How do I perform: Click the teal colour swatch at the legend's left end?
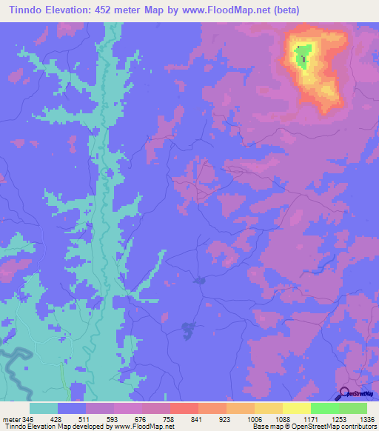[x=44, y=408]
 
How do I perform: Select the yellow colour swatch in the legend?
[x=297, y=408]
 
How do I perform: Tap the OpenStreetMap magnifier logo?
[x=345, y=393]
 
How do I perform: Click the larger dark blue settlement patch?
[x=188, y=327]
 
